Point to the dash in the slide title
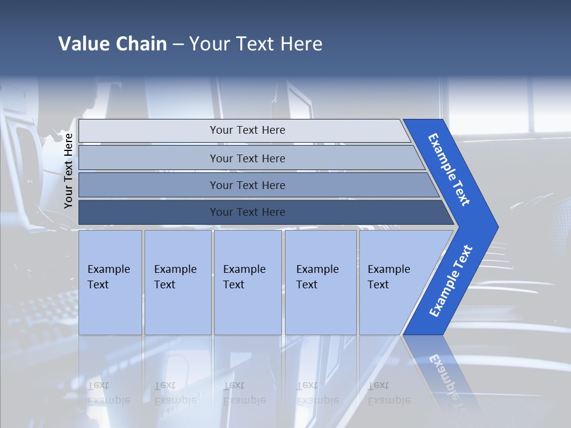[178, 45]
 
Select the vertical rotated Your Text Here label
[68, 171]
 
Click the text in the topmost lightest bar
[247, 130]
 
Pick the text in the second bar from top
[247, 159]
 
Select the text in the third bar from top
[247, 185]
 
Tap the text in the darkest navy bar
[247, 212]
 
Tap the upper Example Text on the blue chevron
[449, 169]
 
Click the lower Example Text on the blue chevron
[450, 281]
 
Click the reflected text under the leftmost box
[109, 393]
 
